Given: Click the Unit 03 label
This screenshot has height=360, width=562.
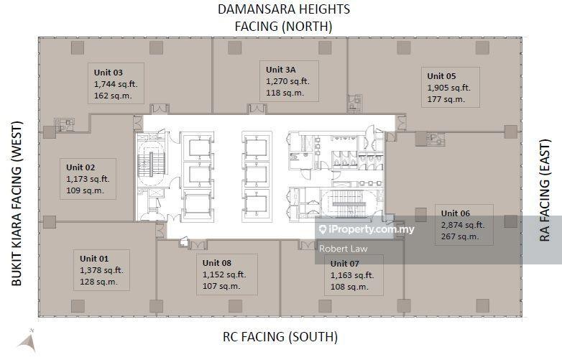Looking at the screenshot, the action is (109, 73).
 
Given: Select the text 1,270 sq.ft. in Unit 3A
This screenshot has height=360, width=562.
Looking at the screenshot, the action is (287, 81).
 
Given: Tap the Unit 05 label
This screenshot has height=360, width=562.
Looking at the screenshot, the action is (441, 76).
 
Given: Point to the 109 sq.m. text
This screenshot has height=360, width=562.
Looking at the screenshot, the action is (85, 190).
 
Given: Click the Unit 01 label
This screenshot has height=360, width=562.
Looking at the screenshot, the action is (94, 259).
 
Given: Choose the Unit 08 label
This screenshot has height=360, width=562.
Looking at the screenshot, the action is (217, 263).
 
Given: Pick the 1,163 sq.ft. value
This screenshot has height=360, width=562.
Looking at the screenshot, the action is (352, 275).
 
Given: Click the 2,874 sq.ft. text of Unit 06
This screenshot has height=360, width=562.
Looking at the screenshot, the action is (463, 225).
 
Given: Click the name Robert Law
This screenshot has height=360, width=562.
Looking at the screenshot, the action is (343, 249).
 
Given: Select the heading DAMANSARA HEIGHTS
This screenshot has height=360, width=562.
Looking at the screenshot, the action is (284, 9).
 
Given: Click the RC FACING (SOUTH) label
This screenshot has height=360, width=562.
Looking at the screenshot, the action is (280, 337).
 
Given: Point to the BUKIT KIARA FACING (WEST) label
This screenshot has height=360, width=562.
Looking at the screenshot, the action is (17, 204).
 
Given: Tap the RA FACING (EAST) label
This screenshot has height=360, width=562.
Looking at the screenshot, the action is (545, 190).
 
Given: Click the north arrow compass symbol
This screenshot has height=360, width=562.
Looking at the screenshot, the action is (28, 341).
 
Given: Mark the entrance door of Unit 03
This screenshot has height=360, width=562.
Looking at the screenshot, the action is (160, 109).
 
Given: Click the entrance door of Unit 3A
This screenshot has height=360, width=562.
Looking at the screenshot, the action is (257, 109).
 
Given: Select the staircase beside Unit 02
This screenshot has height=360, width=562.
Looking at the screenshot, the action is (152, 164).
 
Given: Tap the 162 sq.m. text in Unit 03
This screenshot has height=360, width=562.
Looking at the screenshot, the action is (113, 96).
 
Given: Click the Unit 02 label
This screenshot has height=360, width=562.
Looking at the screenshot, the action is (80, 167).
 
